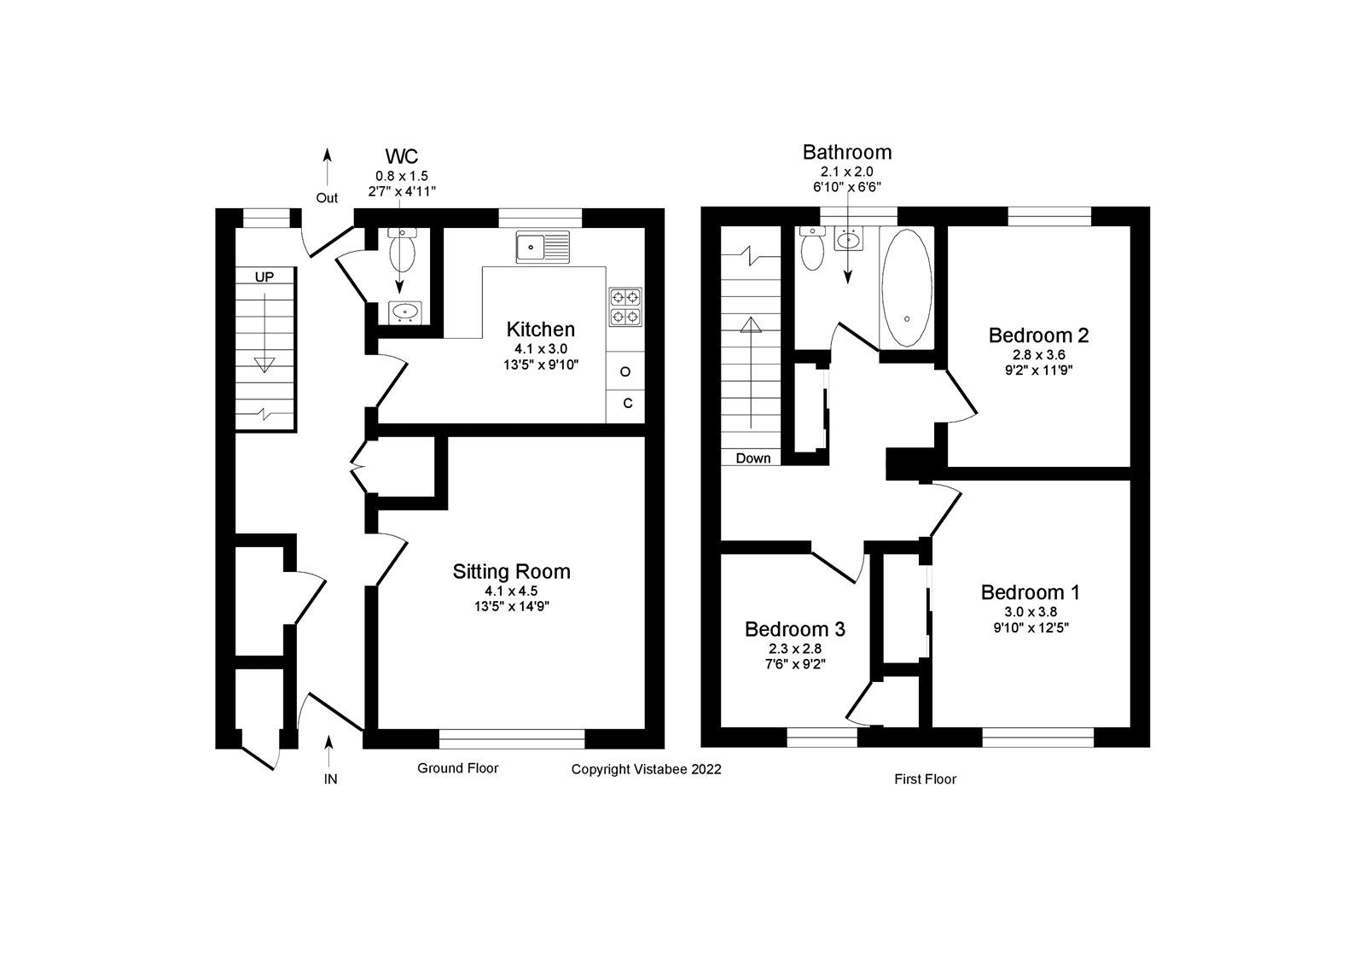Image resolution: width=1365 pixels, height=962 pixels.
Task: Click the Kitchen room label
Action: pos(540,329)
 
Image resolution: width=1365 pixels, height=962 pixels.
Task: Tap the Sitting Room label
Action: pos(511,571)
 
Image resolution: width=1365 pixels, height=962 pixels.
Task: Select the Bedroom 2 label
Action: pos(1038,335)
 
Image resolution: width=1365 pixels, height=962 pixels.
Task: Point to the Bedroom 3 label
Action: pos(794,629)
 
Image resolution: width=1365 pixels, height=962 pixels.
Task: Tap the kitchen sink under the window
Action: pos(542,247)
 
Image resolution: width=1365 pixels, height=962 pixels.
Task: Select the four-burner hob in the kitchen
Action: pos(625,307)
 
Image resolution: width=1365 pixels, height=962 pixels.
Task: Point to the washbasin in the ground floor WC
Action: pos(404,312)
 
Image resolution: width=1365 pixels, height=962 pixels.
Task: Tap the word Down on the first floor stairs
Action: pos(752,458)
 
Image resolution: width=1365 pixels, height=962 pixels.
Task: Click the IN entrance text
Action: pos(330,778)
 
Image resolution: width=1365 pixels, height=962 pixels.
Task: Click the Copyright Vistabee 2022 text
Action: pos(646,769)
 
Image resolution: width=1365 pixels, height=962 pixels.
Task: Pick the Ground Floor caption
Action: pos(457,768)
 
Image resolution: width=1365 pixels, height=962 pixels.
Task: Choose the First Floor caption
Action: pos(925,778)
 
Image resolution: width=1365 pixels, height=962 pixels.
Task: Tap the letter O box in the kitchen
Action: pos(625,371)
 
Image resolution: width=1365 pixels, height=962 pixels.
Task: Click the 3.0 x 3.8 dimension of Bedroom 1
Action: pos(1030,611)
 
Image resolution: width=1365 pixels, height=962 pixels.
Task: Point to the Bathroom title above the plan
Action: pos(846,152)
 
